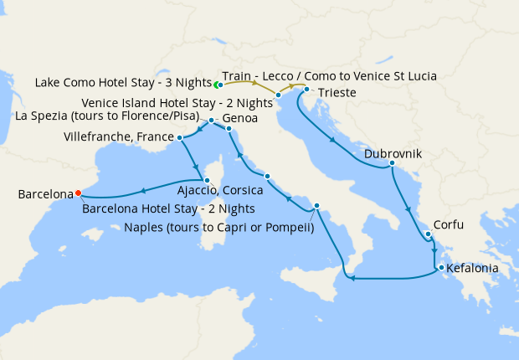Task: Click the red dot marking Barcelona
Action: (78, 193)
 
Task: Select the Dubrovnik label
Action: (393, 154)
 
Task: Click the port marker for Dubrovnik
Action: (392, 163)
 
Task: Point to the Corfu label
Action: (448, 224)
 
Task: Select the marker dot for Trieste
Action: (307, 90)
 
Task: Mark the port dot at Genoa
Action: (229, 129)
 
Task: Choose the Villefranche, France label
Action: (131, 136)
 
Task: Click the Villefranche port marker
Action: (179, 137)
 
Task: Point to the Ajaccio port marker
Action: (206, 180)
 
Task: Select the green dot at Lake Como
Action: (217, 85)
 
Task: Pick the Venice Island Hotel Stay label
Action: (177, 102)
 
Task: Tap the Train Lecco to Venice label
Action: (330, 75)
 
